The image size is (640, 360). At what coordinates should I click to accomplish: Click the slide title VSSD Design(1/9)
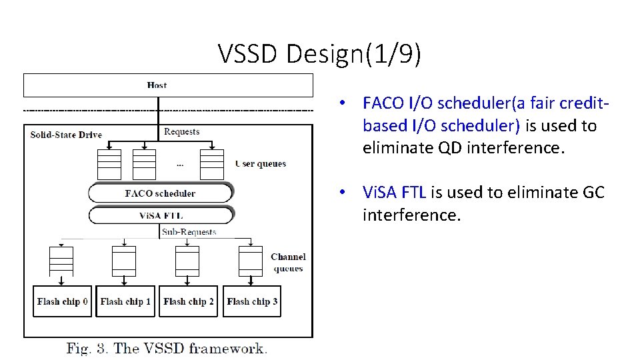pos(319,55)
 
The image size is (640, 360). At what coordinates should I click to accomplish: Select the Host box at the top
pos(168,85)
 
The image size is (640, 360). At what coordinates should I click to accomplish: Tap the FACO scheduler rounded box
pos(160,193)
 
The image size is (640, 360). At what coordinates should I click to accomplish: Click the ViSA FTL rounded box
pos(160,215)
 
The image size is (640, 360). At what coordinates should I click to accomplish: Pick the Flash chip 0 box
pos(62,302)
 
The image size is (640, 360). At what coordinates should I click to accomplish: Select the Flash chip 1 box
pos(125,302)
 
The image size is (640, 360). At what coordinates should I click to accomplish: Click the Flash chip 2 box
pos(188,302)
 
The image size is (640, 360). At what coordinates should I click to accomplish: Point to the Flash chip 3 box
pos(252,302)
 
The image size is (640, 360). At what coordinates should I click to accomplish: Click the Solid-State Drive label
pos(66,135)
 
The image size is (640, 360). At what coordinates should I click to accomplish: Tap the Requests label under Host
pos(182,132)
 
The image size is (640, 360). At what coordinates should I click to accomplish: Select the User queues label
pos(261,164)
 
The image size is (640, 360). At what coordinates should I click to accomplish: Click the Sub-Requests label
pos(189,232)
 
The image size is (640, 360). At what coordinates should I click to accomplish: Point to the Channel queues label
pos(288,263)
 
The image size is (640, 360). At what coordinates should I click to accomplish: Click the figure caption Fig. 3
pos(166,348)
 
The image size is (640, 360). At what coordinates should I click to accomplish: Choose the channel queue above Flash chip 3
pos(251,261)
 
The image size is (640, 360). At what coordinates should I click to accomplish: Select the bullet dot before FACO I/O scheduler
pos(341,103)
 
